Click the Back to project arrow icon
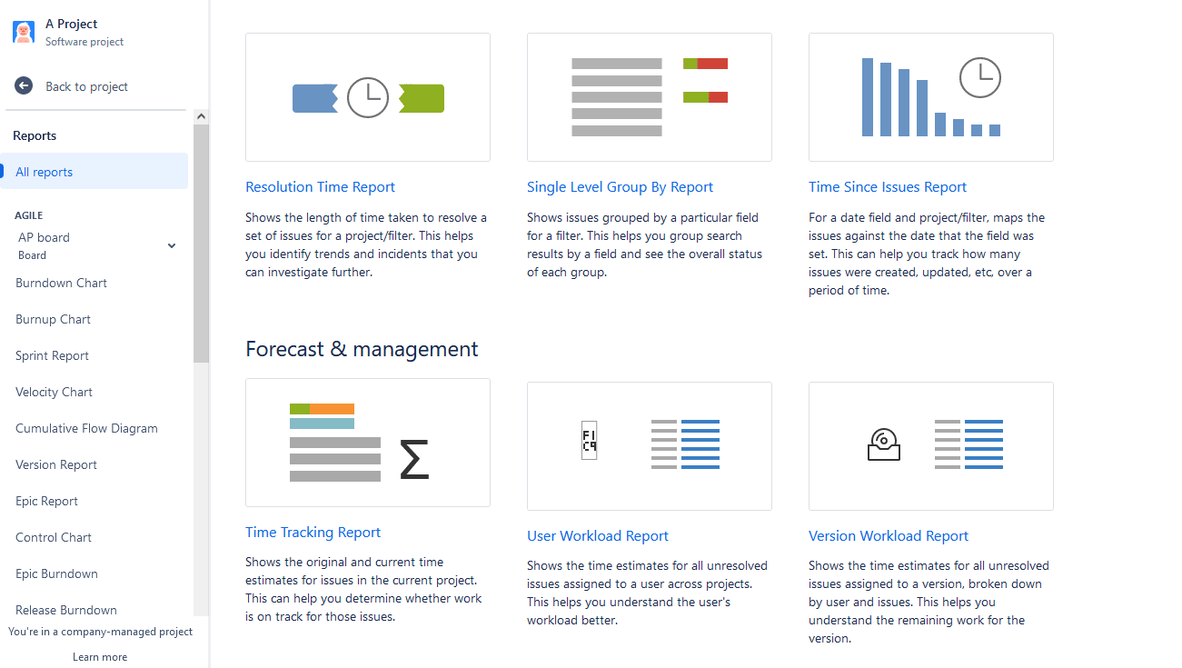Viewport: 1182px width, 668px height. [24, 85]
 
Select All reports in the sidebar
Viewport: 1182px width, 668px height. [44, 172]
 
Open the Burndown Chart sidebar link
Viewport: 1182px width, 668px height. [61, 283]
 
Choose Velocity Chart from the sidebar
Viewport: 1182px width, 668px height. [54, 392]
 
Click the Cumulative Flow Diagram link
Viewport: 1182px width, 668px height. [86, 428]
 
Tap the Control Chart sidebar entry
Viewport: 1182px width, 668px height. [54, 537]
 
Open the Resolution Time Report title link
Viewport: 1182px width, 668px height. [320, 187]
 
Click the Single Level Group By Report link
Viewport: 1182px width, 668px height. [620, 187]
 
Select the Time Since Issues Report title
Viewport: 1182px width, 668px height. [887, 187]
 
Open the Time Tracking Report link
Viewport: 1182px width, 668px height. [313, 533]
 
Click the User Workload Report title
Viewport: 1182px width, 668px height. [597, 536]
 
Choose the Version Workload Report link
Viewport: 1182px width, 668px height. [888, 536]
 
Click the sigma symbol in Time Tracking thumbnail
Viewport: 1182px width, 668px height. [414, 459]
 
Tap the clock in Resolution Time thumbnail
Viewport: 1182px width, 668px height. [368, 97]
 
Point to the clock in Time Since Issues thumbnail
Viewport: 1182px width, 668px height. [980, 77]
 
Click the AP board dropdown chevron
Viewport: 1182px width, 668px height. [172, 245]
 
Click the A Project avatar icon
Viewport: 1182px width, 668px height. [24, 32]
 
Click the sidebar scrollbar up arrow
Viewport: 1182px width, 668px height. [201, 116]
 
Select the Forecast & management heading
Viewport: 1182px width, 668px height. [362, 349]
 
